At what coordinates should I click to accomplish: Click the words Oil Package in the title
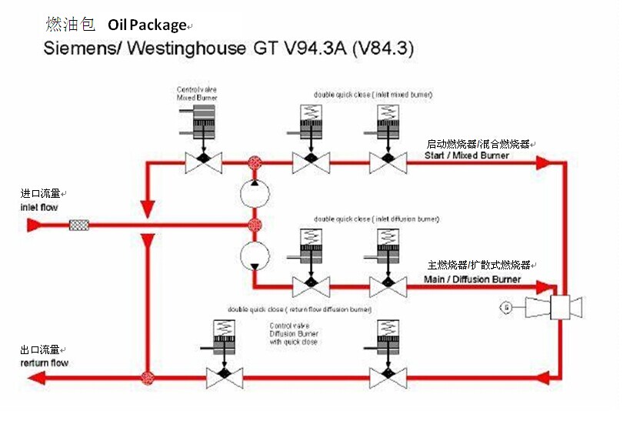click(147, 25)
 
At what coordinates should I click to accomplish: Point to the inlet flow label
click(38, 208)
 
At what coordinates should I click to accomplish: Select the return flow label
click(44, 363)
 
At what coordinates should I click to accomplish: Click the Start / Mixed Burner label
click(467, 155)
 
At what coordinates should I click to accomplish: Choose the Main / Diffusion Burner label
click(472, 279)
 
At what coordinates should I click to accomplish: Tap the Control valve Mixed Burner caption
click(197, 94)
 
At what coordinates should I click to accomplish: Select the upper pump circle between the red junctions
click(255, 193)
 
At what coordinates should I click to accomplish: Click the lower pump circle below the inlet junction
click(255, 255)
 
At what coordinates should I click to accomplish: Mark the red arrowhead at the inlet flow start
click(34, 225)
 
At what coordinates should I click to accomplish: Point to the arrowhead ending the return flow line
click(36, 378)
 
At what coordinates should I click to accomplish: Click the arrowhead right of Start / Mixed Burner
click(544, 163)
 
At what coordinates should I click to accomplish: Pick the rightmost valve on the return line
click(388, 378)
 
